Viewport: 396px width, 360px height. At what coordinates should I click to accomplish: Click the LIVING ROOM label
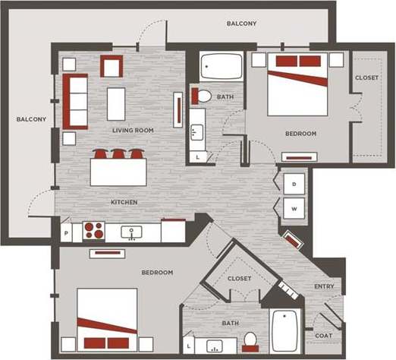coord(133,131)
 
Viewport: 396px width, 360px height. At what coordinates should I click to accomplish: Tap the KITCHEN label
coord(124,202)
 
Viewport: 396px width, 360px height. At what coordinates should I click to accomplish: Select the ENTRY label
coord(324,286)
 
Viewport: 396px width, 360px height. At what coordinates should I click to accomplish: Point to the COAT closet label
coord(323,335)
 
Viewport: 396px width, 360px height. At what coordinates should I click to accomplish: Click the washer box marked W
coord(294,208)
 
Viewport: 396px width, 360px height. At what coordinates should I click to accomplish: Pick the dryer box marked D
coord(294,184)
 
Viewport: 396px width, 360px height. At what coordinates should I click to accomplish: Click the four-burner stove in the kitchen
coord(95,229)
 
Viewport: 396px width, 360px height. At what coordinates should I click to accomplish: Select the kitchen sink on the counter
coord(132,230)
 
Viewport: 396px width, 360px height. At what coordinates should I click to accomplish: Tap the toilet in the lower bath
coord(250,339)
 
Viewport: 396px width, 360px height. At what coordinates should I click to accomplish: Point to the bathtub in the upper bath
coord(222,68)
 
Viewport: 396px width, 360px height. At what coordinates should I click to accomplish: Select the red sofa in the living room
coord(76,100)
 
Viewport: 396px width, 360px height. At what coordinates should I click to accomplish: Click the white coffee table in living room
coord(116,104)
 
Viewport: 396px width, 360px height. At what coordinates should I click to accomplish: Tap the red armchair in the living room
coord(112,67)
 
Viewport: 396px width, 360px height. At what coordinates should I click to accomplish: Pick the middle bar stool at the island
coord(118,154)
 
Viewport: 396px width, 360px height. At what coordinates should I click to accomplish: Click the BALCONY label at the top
coord(241,24)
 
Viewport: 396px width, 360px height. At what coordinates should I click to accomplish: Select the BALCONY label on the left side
coord(32,119)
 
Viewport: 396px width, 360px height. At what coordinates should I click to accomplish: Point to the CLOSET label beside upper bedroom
coord(367,77)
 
